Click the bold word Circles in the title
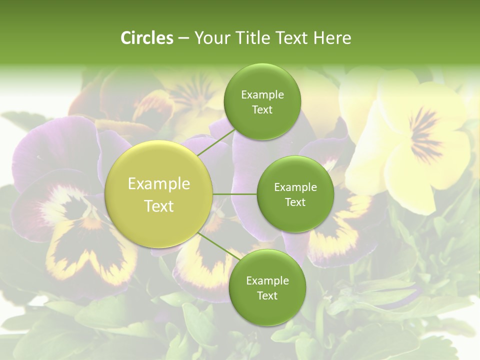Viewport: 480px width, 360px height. coord(146,38)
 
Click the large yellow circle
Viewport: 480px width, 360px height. coord(158,194)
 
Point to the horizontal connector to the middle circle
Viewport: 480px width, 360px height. coord(235,194)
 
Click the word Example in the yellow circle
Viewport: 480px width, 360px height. coord(159,184)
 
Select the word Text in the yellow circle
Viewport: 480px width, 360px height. coord(159,206)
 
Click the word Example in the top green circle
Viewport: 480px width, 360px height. coord(262,95)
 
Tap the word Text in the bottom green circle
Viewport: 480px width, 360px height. coord(267,295)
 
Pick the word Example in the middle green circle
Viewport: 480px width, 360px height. coord(295,187)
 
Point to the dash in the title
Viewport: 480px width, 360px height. coord(183,38)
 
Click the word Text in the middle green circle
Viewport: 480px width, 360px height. coord(295,202)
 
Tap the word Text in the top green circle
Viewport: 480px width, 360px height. coord(262,109)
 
